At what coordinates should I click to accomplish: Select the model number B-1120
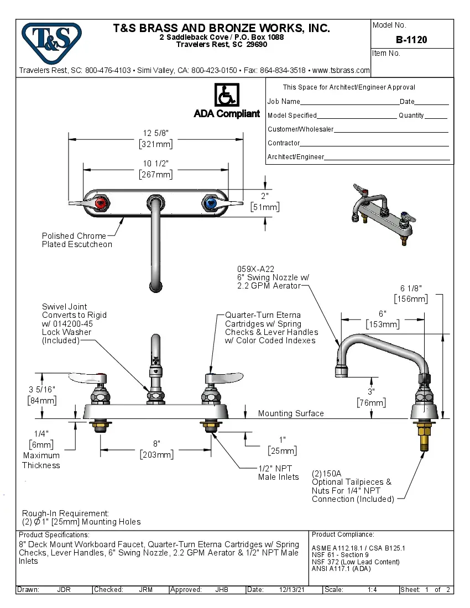(x=411, y=40)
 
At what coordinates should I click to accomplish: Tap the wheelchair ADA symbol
(x=226, y=95)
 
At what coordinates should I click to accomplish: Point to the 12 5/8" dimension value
(x=155, y=133)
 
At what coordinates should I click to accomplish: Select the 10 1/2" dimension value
(x=155, y=164)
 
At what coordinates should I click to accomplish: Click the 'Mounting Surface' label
(x=291, y=413)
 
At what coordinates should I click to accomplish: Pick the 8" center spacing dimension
(x=156, y=444)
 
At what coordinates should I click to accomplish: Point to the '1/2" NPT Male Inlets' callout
(x=279, y=473)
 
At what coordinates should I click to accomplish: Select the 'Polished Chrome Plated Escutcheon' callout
(x=77, y=240)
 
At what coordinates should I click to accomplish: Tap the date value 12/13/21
(x=292, y=590)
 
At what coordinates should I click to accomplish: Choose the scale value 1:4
(x=372, y=590)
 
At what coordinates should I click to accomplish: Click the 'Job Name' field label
(x=284, y=102)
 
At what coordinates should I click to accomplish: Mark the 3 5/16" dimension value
(x=42, y=390)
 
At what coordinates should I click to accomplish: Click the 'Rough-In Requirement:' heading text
(x=65, y=513)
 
